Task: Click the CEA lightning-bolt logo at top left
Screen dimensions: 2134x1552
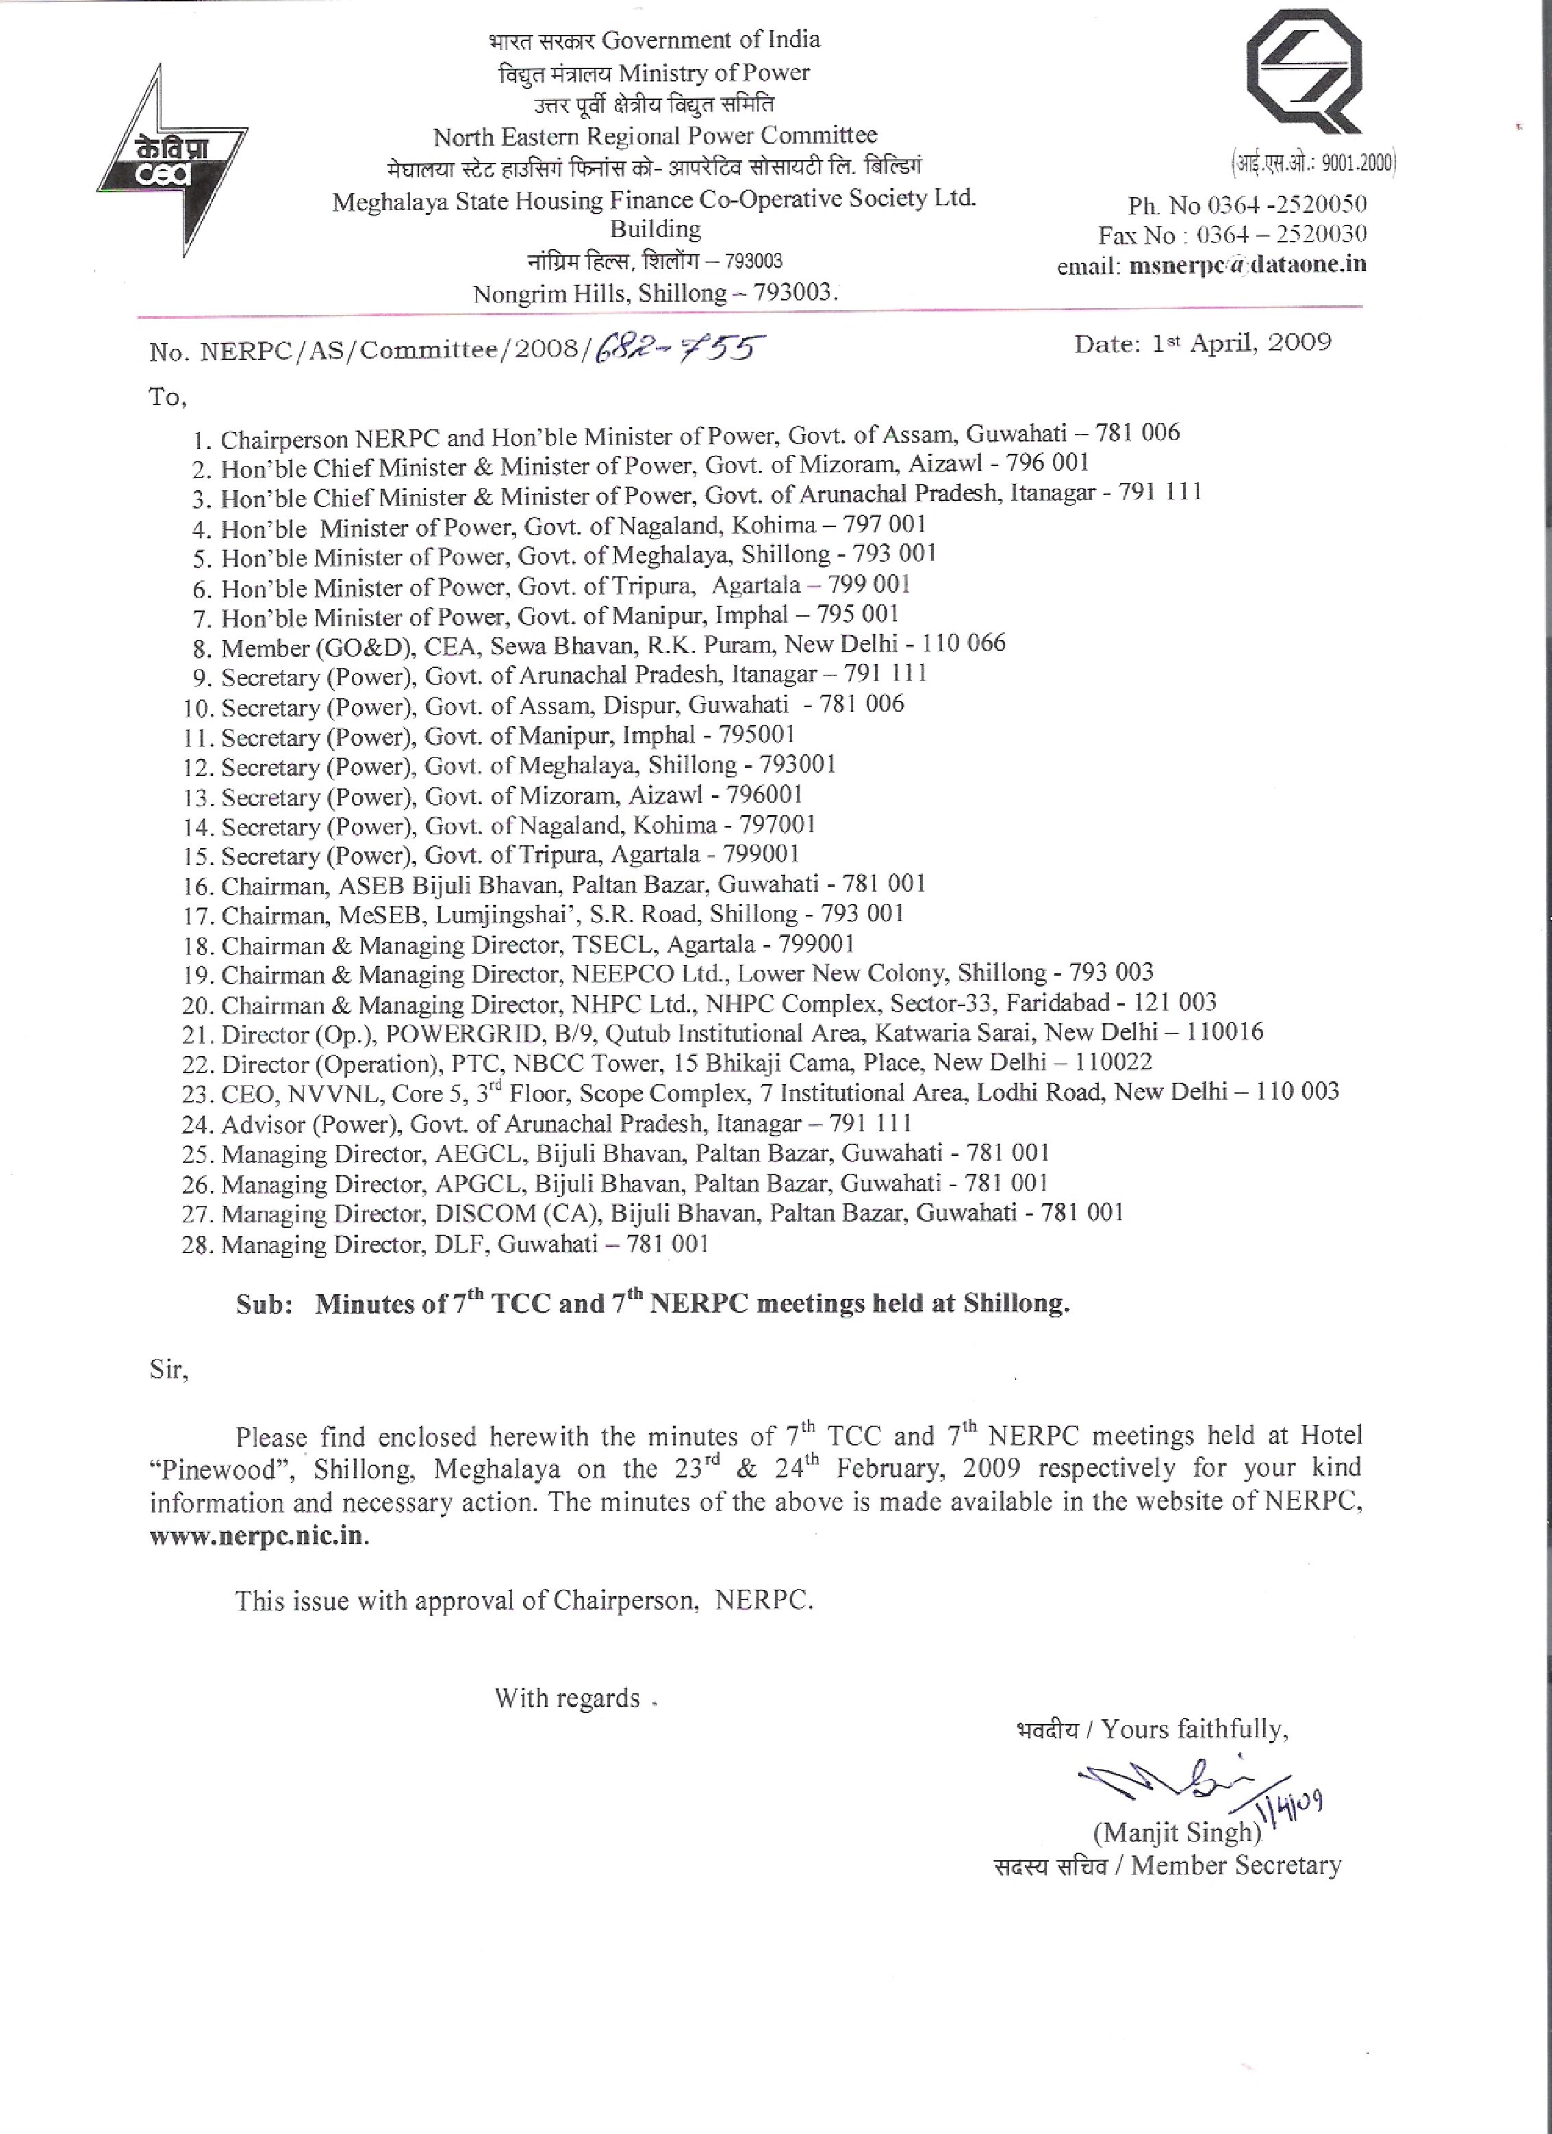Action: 173,160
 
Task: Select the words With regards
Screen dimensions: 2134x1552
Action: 568,1697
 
